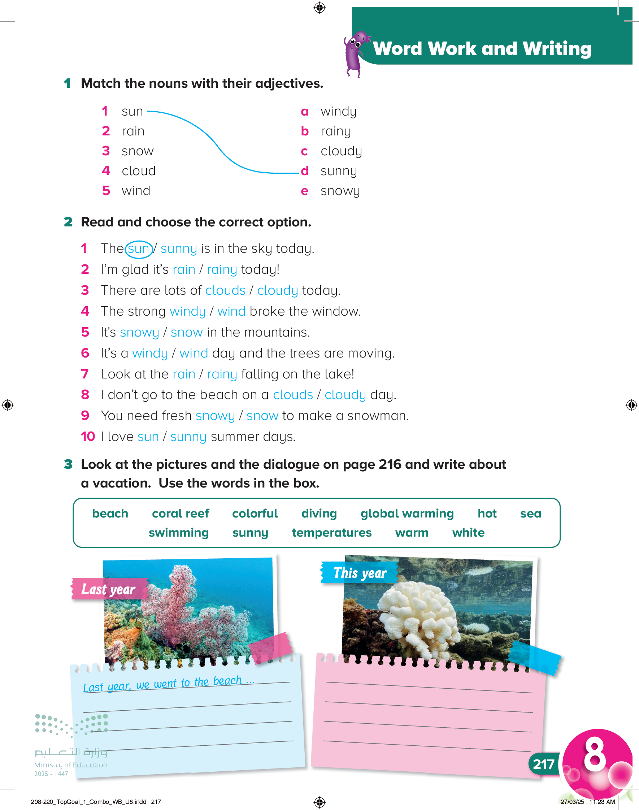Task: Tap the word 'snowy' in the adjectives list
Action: click(340, 191)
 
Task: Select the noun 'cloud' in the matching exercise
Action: click(138, 171)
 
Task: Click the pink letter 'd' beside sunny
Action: click(305, 171)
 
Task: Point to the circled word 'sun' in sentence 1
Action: click(138, 249)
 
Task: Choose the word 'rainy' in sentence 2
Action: click(222, 270)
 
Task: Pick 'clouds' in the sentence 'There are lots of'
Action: click(225, 291)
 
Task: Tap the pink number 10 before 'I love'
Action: click(88, 437)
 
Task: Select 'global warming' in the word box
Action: click(407, 514)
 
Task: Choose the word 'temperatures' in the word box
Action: click(331, 533)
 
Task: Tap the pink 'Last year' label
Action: click(109, 589)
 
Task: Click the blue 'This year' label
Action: click(360, 573)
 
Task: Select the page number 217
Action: click(543, 764)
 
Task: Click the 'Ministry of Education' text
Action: click(71, 765)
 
